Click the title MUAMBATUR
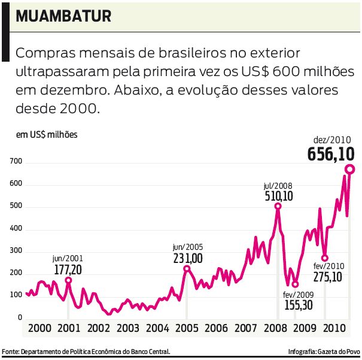(63, 16)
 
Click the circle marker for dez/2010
(349, 170)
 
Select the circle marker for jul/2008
(278, 207)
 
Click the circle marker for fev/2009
(295, 285)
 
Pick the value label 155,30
(297, 305)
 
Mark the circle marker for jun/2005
(186, 269)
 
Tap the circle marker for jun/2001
(68, 280)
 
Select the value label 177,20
(68, 269)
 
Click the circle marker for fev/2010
(324, 258)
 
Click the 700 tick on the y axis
(15, 162)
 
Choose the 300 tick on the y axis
(15, 251)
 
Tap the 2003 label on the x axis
(127, 328)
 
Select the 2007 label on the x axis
(245, 328)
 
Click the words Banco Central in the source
(151, 352)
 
